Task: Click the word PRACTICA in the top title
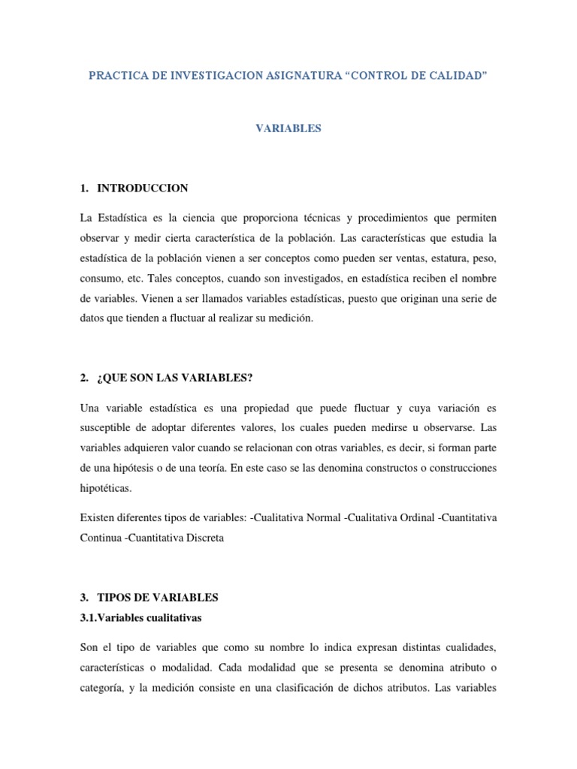click(x=113, y=77)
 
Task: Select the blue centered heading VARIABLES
click(x=288, y=128)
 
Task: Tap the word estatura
click(x=445, y=258)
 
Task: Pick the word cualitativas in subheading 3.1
click(x=172, y=618)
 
